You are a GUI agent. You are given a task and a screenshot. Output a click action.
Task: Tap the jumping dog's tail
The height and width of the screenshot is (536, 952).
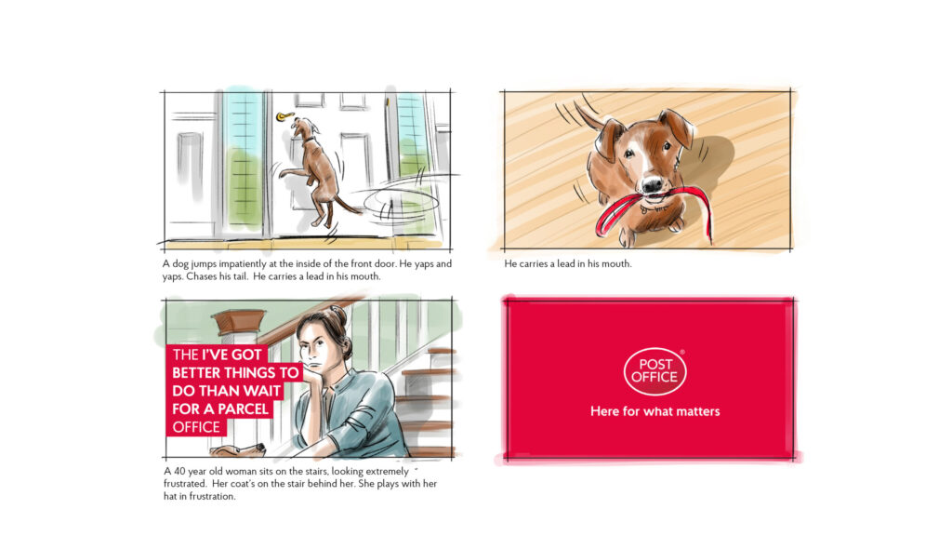[348, 206]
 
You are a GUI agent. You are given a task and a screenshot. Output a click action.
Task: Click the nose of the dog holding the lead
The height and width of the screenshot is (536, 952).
[653, 185]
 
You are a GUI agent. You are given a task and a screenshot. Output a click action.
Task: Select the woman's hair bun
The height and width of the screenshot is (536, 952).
[338, 315]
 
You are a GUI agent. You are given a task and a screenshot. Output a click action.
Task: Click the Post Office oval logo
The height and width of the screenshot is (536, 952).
[654, 370]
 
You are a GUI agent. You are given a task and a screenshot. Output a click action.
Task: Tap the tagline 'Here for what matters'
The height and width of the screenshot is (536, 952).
[655, 411]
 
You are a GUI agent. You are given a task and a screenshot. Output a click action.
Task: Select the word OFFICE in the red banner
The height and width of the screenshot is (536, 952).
[196, 427]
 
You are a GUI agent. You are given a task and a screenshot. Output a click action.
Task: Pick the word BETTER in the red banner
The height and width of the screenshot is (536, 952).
[196, 372]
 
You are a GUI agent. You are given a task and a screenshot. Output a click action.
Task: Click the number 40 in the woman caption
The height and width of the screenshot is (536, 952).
[179, 471]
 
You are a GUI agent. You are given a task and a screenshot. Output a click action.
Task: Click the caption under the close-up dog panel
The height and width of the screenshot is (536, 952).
[568, 263]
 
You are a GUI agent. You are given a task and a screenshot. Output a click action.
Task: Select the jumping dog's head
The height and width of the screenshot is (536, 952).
[305, 129]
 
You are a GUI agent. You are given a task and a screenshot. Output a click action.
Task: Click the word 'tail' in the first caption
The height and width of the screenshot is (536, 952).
[240, 276]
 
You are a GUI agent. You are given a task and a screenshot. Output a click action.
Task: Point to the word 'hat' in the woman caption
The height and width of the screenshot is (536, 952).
[170, 496]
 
